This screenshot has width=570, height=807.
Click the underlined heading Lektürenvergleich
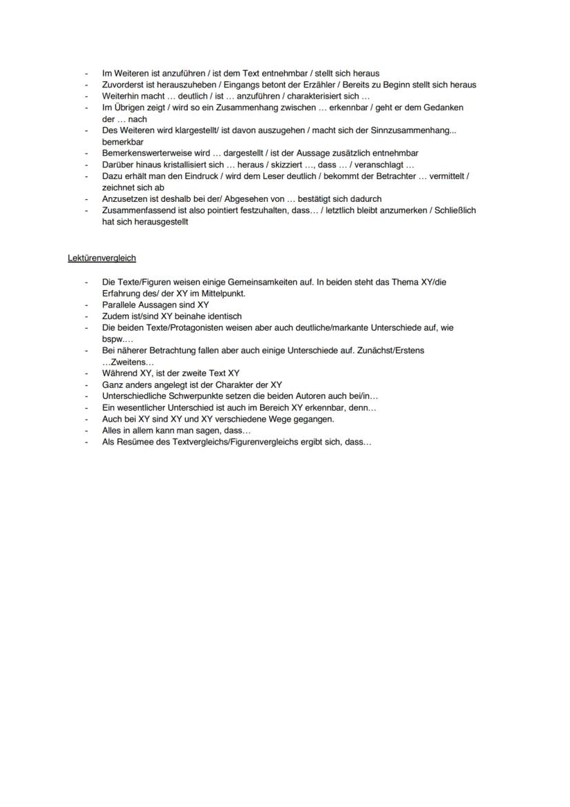[x=102, y=258]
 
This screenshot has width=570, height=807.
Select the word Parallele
[x=119, y=305]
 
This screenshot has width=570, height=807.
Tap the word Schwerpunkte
[x=184, y=396]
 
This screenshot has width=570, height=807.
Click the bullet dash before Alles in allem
[x=87, y=431]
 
